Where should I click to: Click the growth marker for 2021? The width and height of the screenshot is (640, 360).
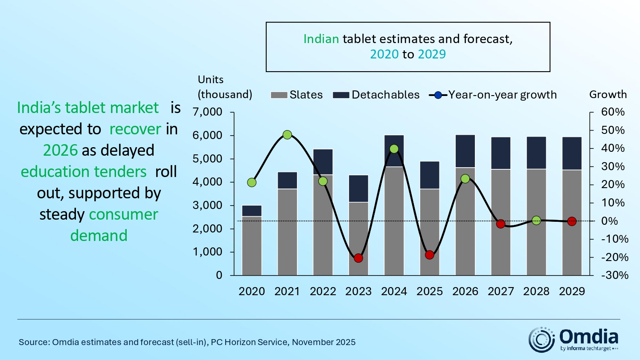[287, 135]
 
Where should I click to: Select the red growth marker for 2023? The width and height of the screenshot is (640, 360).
[358, 258]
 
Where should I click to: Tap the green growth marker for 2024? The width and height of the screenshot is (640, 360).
[394, 149]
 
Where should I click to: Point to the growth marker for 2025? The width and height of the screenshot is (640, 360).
[430, 255]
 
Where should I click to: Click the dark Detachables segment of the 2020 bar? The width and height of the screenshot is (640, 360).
[252, 211]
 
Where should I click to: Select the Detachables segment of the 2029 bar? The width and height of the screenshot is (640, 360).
[572, 154]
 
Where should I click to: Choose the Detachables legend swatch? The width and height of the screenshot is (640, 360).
[341, 95]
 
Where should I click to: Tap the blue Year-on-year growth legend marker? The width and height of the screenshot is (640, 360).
[438, 95]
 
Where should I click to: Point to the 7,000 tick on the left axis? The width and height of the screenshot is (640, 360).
[207, 112]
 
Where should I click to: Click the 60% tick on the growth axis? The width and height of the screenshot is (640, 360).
[613, 112]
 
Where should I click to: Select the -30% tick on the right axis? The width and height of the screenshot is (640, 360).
[614, 275]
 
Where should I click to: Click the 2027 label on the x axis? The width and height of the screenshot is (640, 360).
[501, 291]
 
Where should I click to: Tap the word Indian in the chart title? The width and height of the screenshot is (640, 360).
[321, 39]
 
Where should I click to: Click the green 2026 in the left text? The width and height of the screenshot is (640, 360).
[60, 151]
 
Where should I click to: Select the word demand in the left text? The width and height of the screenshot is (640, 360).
[99, 236]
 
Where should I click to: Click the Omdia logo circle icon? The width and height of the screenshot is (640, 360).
[541, 340]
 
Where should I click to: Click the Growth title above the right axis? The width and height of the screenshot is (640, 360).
[608, 94]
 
